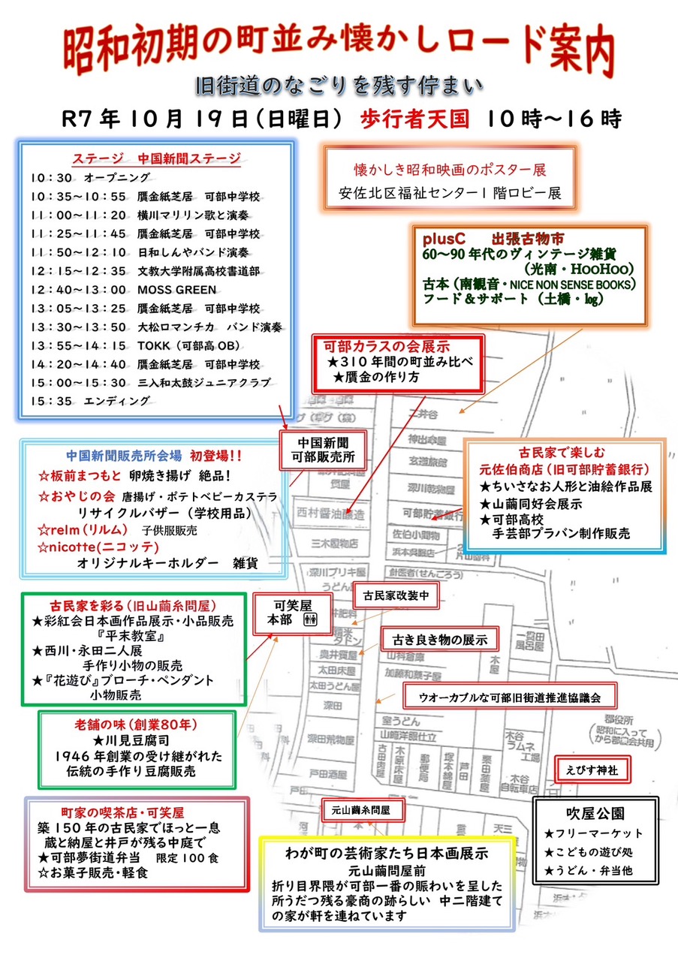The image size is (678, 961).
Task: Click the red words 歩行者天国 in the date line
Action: pyautogui.click(x=414, y=118)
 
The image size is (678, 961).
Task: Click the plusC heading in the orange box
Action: pyautogui.click(x=444, y=239)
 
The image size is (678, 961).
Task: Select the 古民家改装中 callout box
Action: pyautogui.click(x=395, y=596)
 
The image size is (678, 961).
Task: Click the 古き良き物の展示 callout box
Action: pyautogui.click(x=439, y=640)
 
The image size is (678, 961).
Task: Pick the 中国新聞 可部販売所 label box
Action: pyautogui.click(x=321, y=448)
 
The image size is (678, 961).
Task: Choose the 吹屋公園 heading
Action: pyautogui.click(x=595, y=813)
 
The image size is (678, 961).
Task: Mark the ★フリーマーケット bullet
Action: pyautogui.click(x=593, y=833)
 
